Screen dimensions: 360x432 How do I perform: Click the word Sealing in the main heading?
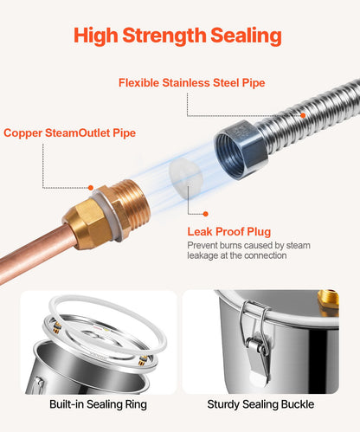click(x=246, y=36)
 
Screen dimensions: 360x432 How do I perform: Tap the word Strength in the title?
click(x=164, y=36)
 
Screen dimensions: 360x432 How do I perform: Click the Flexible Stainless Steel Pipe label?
click(x=192, y=83)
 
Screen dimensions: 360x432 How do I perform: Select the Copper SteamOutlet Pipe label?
click(x=69, y=133)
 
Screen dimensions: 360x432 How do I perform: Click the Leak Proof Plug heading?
click(x=229, y=231)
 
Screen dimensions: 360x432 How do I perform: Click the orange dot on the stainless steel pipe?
click(x=303, y=115)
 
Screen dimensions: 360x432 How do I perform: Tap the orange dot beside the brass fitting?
click(x=91, y=188)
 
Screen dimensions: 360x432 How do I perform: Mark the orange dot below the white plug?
click(x=205, y=214)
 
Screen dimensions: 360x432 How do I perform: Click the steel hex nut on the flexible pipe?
click(x=241, y=150)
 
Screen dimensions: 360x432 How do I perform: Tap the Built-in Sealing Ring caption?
click(x=98, y=404)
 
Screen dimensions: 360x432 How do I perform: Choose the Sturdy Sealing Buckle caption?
click(x=260, y=404)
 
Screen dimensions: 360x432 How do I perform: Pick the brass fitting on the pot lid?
click(x=328, y=304)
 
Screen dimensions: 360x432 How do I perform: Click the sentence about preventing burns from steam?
click(x=248, y=250)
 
